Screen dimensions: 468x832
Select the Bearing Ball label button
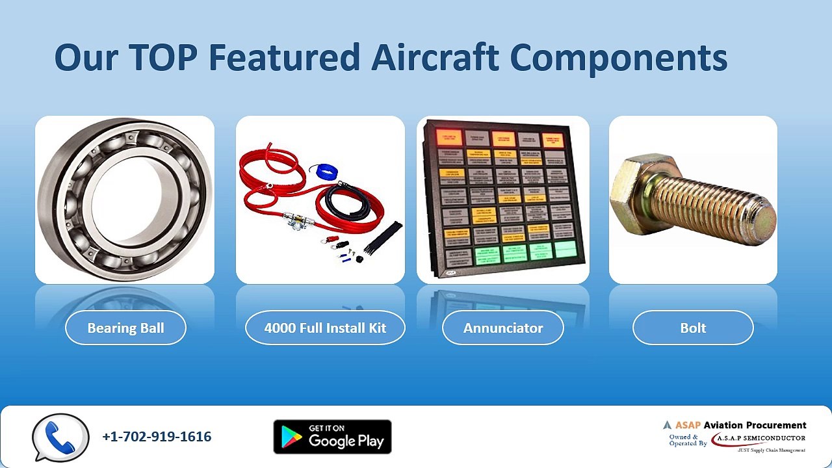pyautogui.click(x=125, y=328)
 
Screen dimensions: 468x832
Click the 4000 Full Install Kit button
pyautogui.click(x=325, y=328)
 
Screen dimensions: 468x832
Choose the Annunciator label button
pyautogui.click(x=502, y=328)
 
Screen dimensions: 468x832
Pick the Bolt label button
pyautogui.click(x=693, y=328)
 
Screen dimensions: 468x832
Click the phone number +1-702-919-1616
pyautogui.click(x=157, y=437)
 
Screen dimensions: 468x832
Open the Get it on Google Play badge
pyautogui.click(x=332, y=437)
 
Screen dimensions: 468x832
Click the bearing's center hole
pyautogui.click(x=127, y=198)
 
